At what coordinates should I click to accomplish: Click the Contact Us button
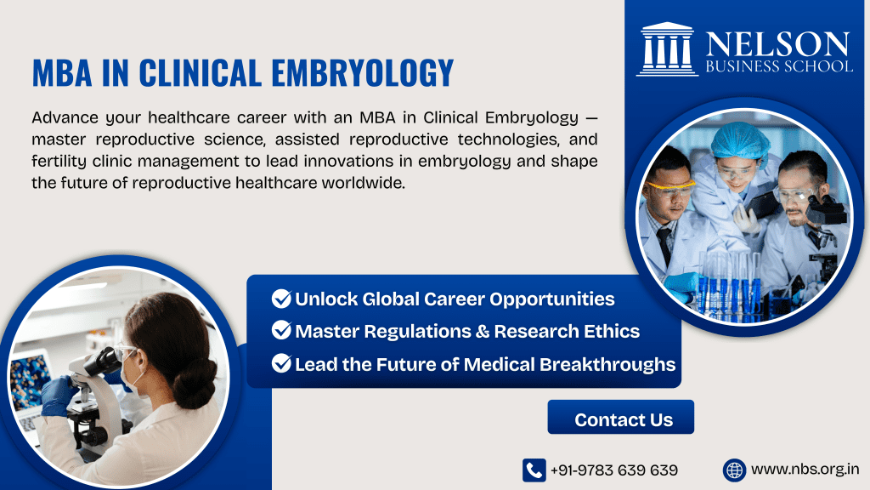(x=623, y=419)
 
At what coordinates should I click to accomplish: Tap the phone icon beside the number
(x=534, y=470)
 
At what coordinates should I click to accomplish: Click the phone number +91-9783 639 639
(x=613, y=470)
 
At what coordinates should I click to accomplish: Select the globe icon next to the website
(x=734, y=470)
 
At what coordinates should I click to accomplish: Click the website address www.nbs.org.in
(x=805, y=470)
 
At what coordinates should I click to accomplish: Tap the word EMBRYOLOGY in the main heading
(x=360, y=73)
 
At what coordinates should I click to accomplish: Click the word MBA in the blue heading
(x=62, y=73)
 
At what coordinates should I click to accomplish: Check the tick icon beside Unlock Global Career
(x=281, y=299)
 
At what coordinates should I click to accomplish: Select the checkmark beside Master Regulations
(x=281, y=332)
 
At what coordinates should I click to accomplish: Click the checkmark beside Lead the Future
(x=281, y=364)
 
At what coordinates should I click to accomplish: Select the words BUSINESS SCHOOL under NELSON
(x=777, y=66)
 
